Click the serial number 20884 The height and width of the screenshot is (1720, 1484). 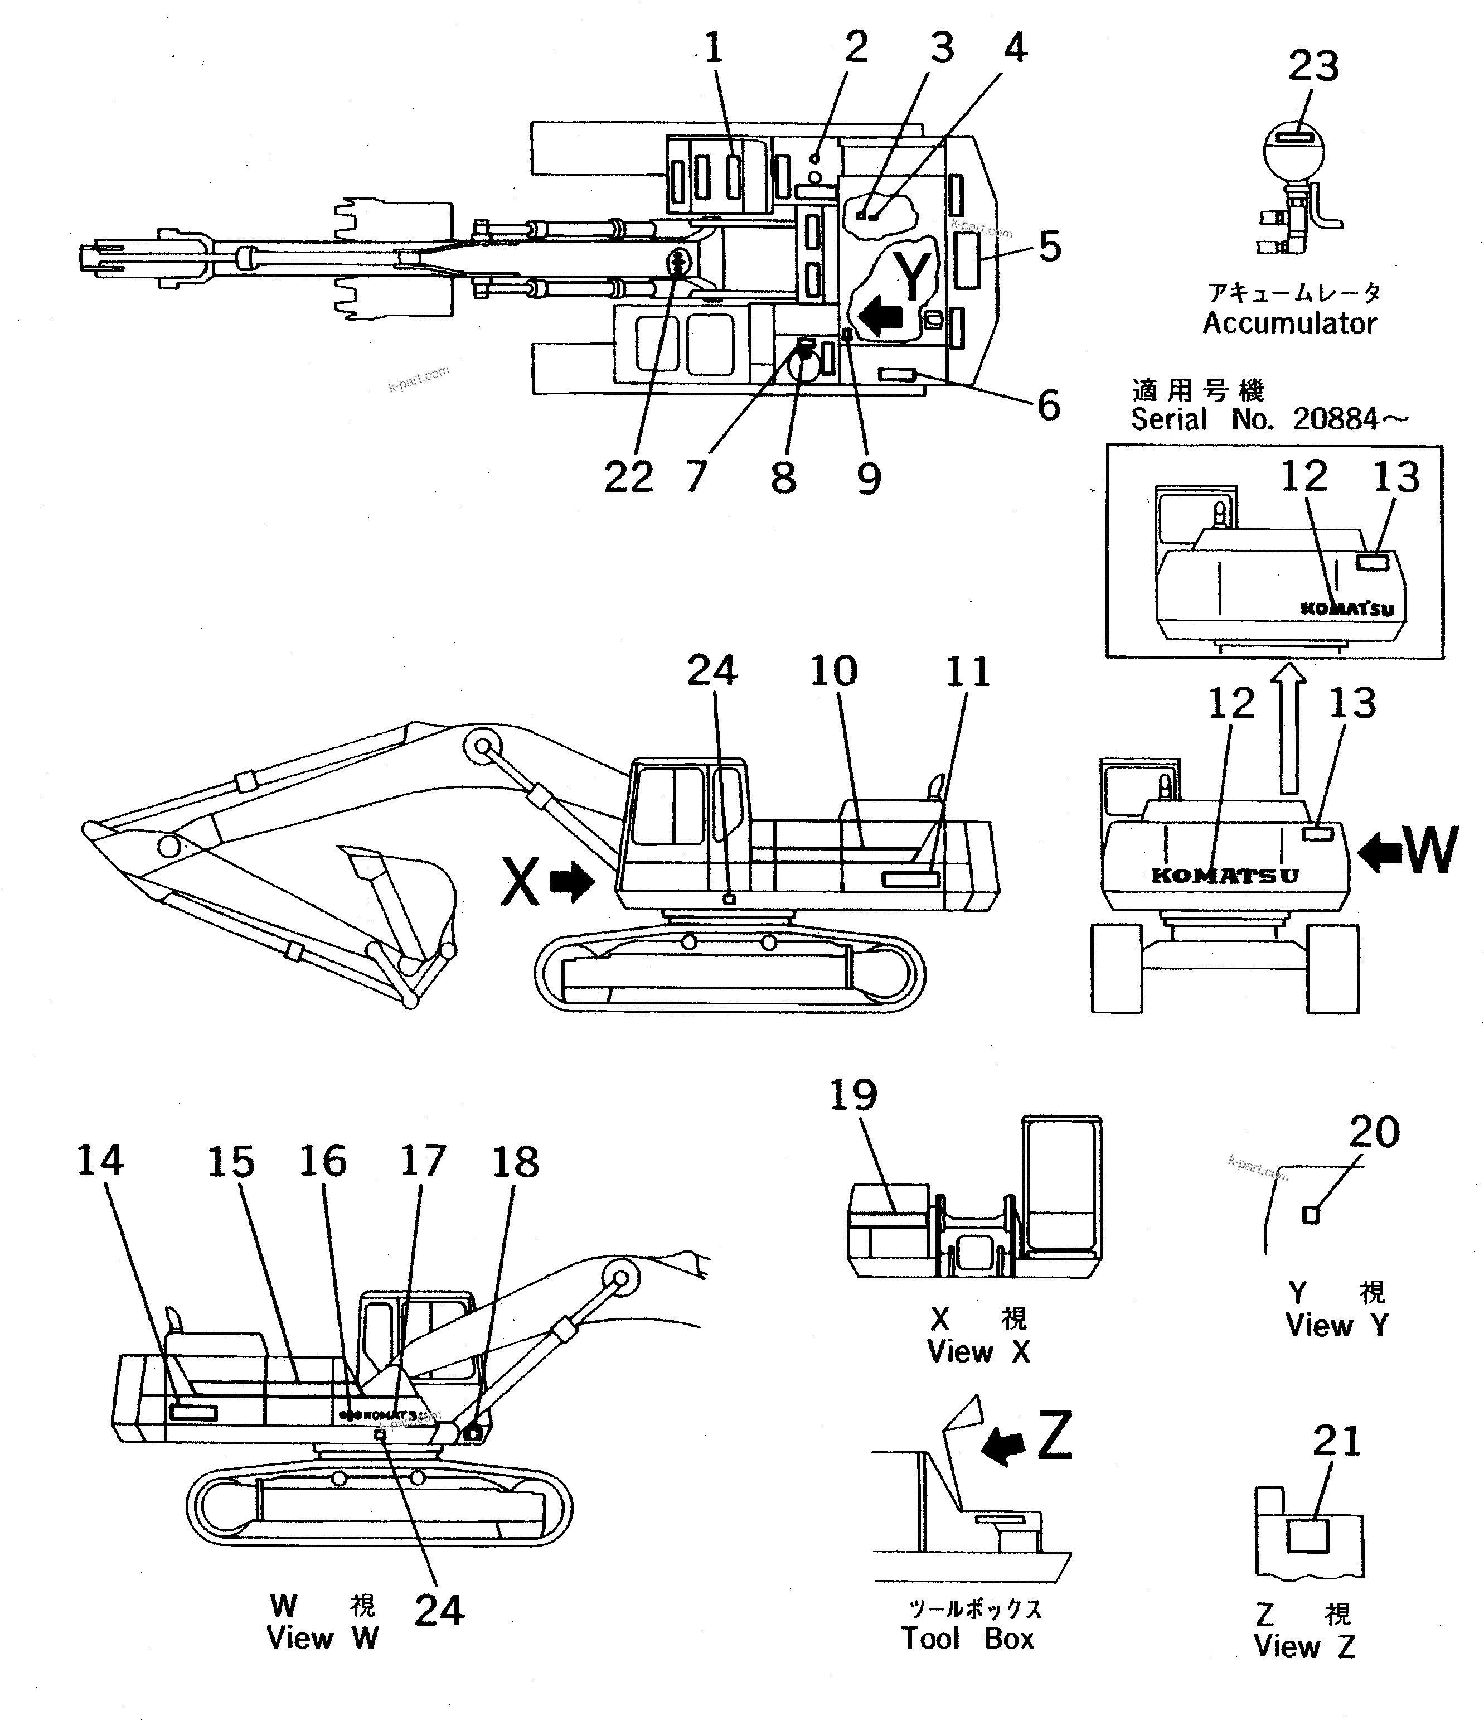[1335, 420]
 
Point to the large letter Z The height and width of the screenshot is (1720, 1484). [1055, 1437]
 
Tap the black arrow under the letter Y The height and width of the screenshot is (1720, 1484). [881, 317]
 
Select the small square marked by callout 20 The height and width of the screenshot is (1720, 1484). [1311, 1215]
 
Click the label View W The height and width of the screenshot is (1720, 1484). [322, 1638]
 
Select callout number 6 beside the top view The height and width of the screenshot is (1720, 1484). [1048, 406]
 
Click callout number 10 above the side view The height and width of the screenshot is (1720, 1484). [833, 671]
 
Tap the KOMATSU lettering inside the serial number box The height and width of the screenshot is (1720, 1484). [1347, 608]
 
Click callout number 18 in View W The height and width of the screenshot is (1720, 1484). [516, 1162]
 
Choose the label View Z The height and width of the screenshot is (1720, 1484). [1304, 1646]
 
